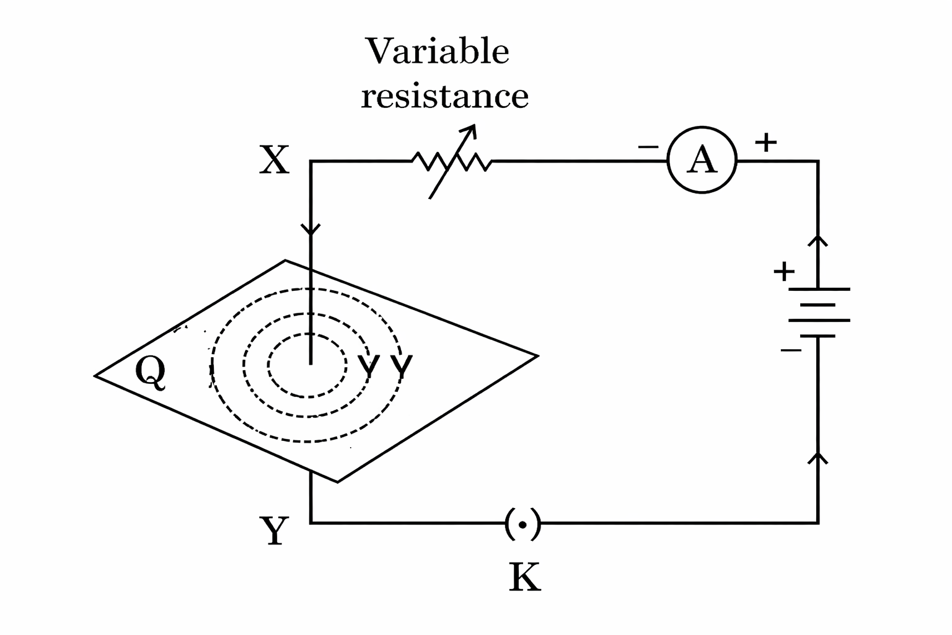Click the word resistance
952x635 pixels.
point(444,96)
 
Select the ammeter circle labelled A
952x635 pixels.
point(702,161)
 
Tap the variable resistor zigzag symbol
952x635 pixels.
point(452,162)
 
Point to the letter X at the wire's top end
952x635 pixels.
point(274,161)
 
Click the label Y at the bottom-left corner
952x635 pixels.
point(273,531)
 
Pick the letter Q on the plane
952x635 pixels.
point(151,373)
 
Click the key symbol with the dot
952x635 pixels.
point(522,525)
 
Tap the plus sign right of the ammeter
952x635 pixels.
point(766,142)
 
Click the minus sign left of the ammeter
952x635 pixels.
point(648,147)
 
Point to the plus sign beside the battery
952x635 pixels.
point(783,271)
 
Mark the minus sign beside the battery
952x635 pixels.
point(791,351)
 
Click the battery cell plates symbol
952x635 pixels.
point(819,313)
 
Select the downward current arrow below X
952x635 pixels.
point(311,230)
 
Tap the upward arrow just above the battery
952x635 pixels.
point(819,241)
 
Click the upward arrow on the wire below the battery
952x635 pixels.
point(819,458)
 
